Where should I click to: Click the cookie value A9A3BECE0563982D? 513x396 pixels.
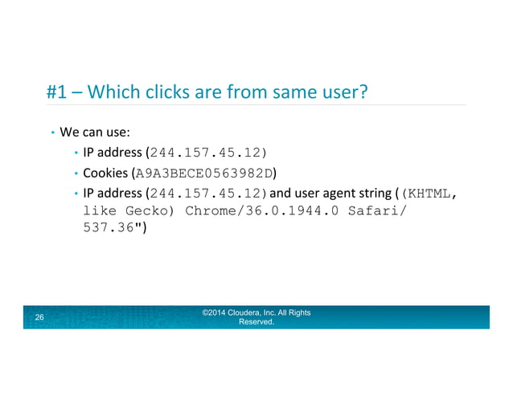tap(205, 173)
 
